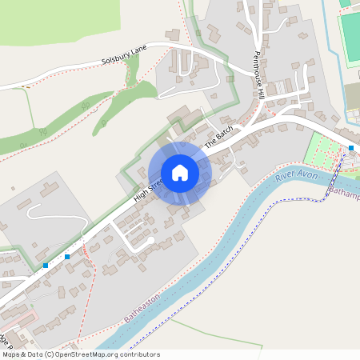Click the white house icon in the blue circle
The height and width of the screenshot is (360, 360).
[179, 173]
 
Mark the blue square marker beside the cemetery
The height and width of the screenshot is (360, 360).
[351, 148]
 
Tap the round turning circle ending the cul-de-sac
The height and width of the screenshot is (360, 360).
[150, 240]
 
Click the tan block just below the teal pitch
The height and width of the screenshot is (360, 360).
[353, 96]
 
